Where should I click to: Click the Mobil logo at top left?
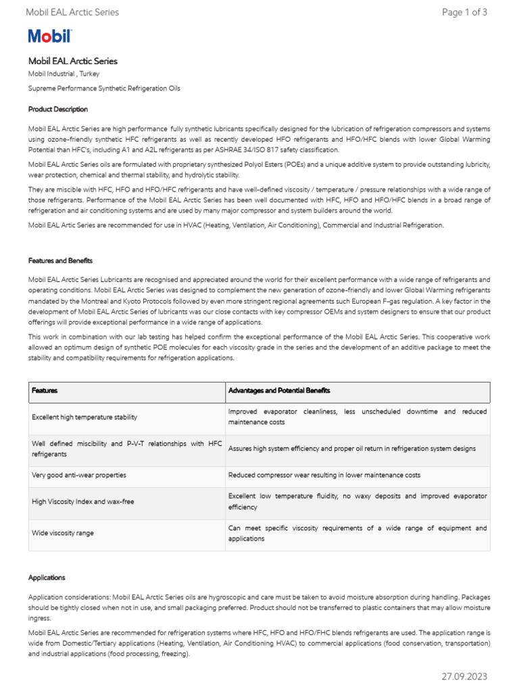(x=49, y=36)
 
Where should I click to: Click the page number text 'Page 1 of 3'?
(x=464, y=12)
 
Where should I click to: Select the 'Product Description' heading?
(x=58, y=109)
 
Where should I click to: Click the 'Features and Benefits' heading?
(x=61, y=260)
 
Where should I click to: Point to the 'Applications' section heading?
(x=47, y=578)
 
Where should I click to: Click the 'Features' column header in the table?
(x=45, y=391)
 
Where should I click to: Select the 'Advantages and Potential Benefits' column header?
(x=279, y=391)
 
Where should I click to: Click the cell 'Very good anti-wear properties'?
(x=79, y=475)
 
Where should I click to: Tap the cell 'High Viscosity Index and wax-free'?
(x=82, y=501)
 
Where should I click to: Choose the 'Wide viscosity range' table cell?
(x=63, y=533)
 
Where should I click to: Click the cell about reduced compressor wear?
(x=324, y=475)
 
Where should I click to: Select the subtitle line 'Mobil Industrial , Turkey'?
(x=64, y=74)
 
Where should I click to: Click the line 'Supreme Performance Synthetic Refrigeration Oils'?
(x=104, y=88)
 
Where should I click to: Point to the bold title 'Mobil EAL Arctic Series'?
(x=73, y=61)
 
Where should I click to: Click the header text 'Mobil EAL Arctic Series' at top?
(x=72, y=12)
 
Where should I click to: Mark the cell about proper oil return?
(x=352, y=449)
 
